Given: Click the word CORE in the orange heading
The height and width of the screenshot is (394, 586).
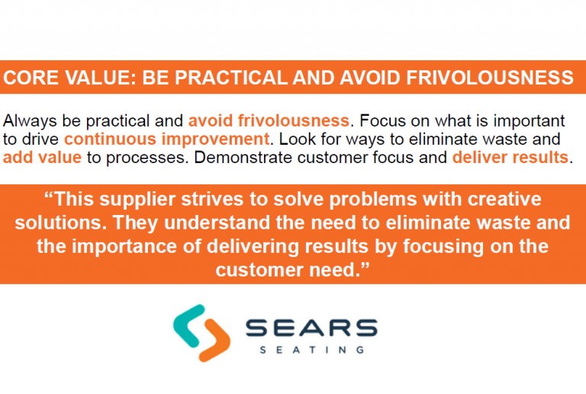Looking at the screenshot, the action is pyautogui.click(x=31, y=78).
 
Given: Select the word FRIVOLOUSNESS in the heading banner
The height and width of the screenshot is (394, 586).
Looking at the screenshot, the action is pyautogui.click(x=490, y=78).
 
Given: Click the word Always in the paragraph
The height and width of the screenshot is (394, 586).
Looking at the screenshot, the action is pyautogui.click(x=31, y=122).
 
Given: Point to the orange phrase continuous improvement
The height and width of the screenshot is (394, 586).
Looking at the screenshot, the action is pyautogui.click(x=166, y=139).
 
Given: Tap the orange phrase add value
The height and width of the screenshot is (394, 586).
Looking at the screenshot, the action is pyautogui.click(x=42, y=157).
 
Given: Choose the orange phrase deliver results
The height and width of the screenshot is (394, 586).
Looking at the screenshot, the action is pyautogui.click(x=510, y=157).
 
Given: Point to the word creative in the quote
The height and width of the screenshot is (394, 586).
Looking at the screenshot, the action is pyautogui.click(x=504, y=199).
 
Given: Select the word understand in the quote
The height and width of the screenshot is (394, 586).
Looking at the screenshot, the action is pyautogui.click(x=217, y=223).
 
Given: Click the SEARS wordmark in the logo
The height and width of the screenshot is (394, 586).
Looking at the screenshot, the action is pyautogui.click(x=311, y=328).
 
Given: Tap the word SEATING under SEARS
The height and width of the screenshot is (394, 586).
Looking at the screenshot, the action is pyautogui.click(x=311, y=350).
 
